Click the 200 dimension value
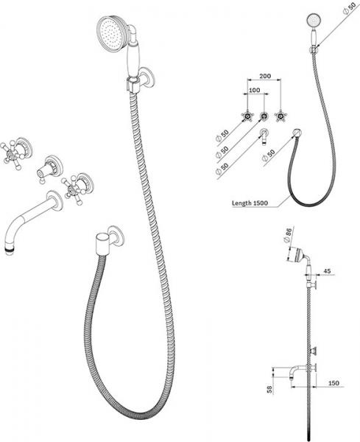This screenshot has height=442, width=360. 265,76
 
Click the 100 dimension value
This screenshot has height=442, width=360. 255,90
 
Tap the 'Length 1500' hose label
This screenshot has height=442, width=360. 250,203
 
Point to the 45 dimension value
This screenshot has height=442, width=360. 327,271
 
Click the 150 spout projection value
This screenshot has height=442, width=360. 333,383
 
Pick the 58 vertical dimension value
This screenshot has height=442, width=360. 269,390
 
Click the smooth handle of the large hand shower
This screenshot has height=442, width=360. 133,59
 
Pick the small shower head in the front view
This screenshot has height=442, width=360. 312,21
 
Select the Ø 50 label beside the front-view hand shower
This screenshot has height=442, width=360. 349,7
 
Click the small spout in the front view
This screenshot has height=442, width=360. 264,136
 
